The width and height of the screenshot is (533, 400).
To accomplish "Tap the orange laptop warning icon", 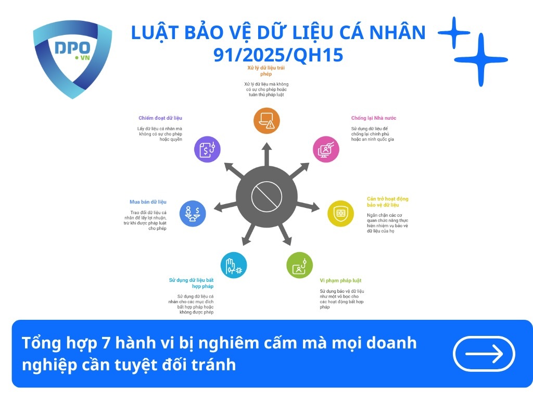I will click(266, 121).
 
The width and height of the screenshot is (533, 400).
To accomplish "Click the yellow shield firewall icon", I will click(340, 213).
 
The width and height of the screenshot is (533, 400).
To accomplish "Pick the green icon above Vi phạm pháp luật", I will click(299, 265).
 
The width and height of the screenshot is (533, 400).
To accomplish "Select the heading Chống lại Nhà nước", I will click(373, 118).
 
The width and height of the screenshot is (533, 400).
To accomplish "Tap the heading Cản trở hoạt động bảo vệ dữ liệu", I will click(387, 202).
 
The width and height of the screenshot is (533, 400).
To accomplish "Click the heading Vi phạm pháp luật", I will click(340, 281).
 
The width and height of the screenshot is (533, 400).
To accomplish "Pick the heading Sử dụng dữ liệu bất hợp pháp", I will click(191, 283).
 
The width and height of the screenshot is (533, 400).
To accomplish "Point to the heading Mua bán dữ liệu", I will click(148, 202).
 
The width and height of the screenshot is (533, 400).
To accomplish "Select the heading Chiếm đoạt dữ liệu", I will click(160, 118).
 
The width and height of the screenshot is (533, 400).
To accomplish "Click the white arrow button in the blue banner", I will click(484, 354).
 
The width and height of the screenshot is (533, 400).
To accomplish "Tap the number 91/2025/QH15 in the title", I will click(278, 54).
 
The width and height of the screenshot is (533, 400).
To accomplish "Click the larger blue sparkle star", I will click(480, 59).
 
